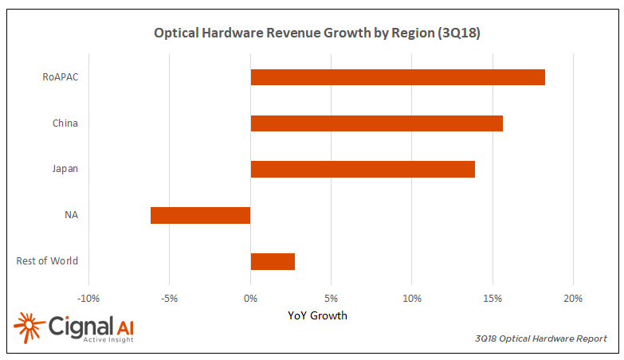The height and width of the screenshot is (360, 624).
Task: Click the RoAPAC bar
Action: [398, 77]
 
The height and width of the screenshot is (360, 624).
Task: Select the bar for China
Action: [376, 123]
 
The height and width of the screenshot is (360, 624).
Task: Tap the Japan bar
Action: [363, 169]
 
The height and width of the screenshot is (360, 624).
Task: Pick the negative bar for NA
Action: [200, 215]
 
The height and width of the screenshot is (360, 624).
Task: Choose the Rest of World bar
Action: [273, 261]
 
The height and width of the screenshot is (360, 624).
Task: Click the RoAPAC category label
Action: [60, 77]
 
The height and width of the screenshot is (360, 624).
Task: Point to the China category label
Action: [65, 123]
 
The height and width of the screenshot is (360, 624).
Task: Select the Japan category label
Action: [65, 169]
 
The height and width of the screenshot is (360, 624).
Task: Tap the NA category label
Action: [71, 215]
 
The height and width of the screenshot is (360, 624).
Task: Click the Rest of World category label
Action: [47, 261]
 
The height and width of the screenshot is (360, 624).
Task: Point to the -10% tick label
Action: [88, 299]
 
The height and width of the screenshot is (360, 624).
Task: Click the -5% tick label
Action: [169, 299]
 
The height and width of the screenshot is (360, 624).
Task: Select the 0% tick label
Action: [250, 299]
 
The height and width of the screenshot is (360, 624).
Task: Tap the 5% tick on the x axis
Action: [332, 299]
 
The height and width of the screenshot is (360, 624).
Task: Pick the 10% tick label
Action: [412, 299]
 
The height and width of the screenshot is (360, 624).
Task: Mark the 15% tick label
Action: [493, 299]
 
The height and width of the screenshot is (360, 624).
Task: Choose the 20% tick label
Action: [573, 299]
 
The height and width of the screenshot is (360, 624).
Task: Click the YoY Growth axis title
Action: [317, 315]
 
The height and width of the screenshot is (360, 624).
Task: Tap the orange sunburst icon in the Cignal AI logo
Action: [29, 327]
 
